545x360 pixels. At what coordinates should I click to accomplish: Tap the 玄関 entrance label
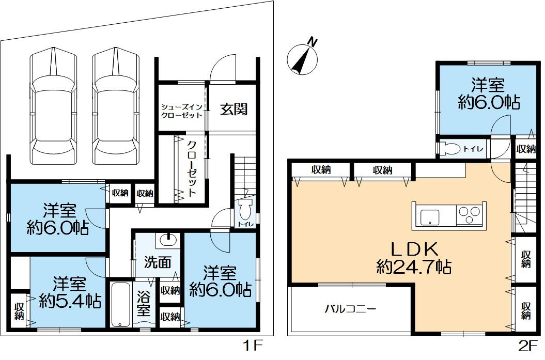coord(234,109)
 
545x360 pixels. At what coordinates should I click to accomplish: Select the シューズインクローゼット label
coord(181,111)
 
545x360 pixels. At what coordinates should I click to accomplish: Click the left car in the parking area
coord(53,106)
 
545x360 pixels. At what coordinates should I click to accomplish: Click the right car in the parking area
coord(115,106)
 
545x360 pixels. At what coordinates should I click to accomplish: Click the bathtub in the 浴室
coord(120,305)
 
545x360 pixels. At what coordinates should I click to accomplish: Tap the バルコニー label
coord(350,309)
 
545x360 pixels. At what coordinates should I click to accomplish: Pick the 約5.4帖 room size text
coord(70,301)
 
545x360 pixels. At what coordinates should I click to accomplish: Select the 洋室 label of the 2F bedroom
coord(488,86)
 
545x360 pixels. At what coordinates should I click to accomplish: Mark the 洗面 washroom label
coord(158,263)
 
